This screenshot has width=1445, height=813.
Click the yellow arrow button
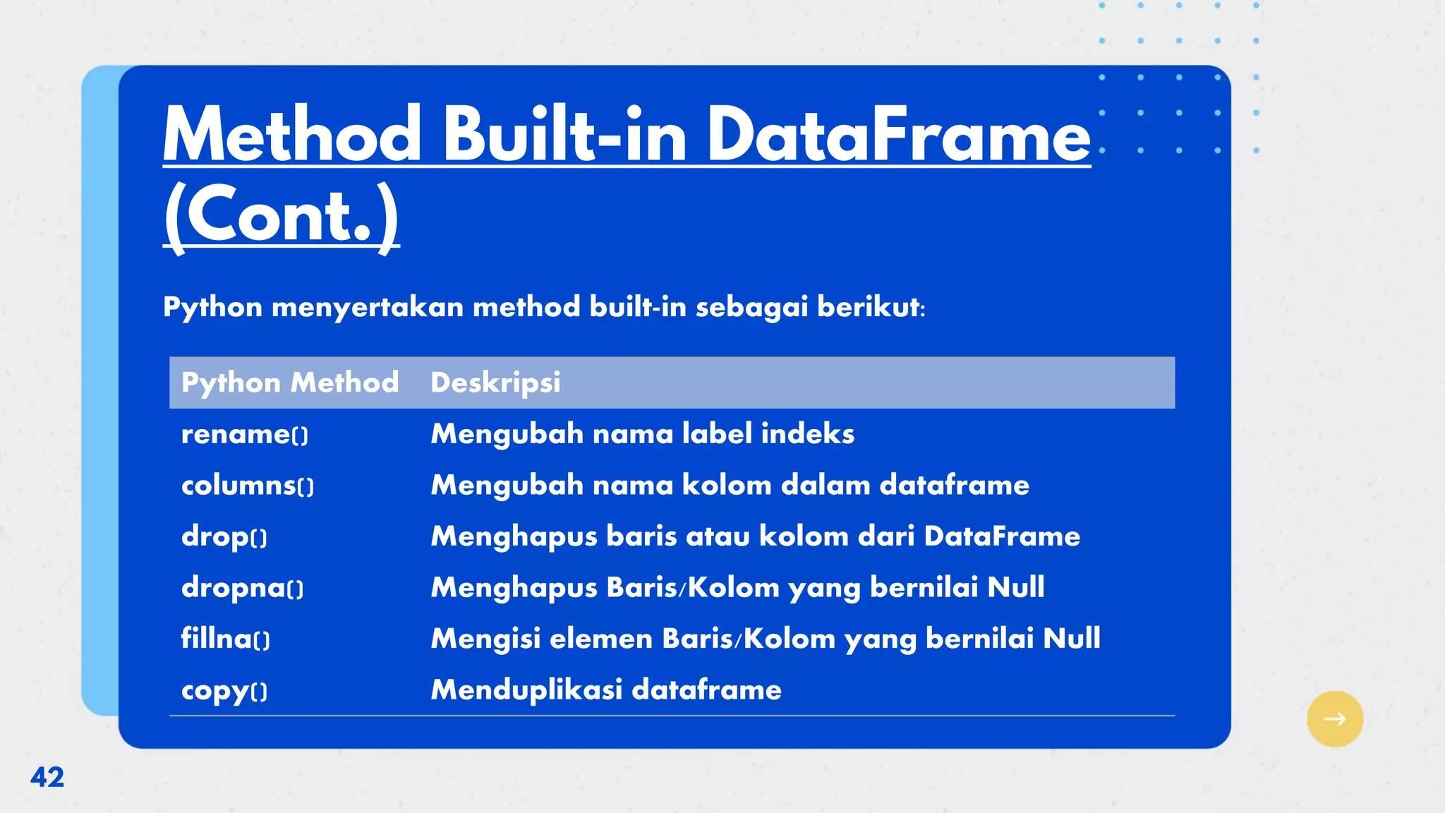pos(1334,718)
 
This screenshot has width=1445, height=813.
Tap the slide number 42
pos(47,777)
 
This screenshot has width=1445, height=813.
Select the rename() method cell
pos(244,434)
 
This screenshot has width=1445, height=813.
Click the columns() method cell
pos(247,486)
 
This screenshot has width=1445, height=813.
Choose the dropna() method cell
pos(242,588)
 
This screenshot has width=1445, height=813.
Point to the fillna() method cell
pos(225,639)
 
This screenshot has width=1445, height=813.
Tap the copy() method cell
pos(224,690)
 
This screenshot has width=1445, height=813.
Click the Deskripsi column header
pos(495,383)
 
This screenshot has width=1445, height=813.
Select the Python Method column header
pos(289,383)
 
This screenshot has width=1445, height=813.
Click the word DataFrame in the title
pos(898,134)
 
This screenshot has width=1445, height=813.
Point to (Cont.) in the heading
pos(281,215)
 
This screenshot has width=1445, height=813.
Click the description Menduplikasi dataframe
pos(606,689)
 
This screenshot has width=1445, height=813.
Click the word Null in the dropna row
pos(1015,587)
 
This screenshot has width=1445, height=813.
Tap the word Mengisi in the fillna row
pos(485,639)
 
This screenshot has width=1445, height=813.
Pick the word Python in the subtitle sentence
pos(212,307)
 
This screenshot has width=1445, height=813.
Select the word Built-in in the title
pos(564,134)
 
